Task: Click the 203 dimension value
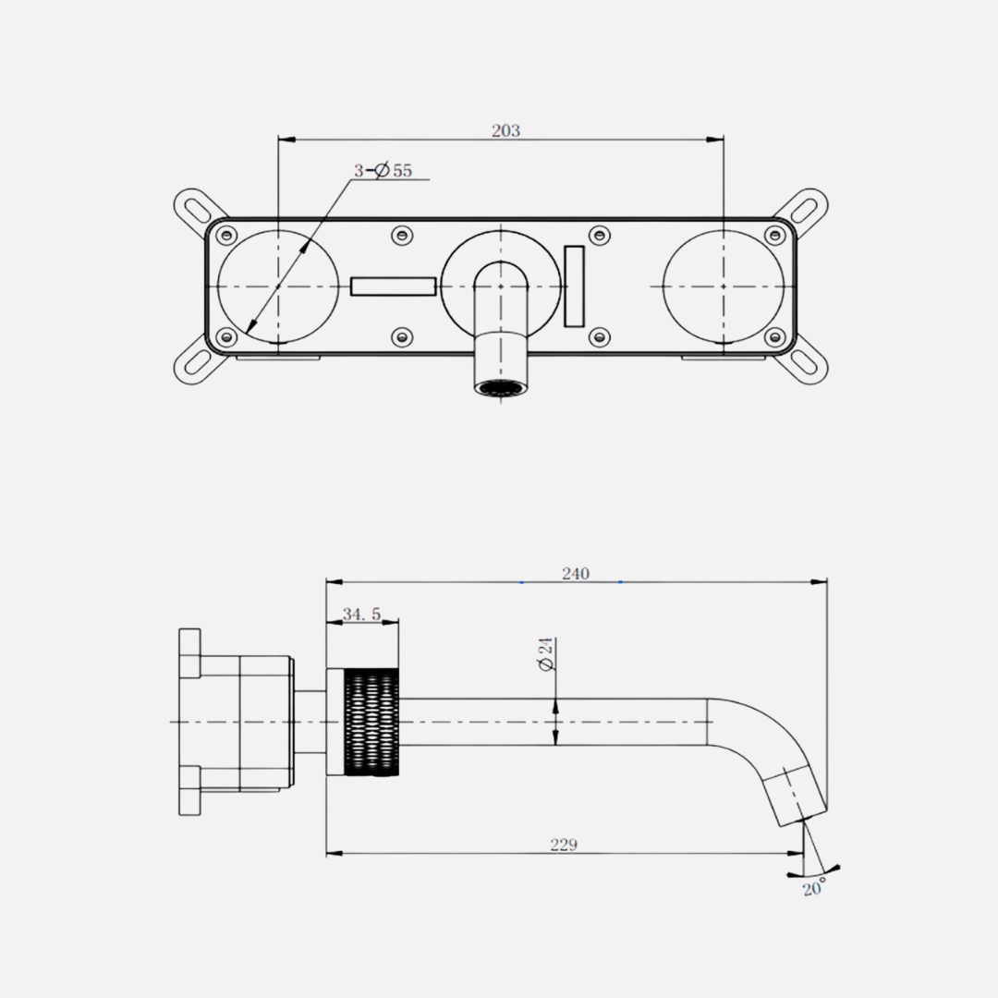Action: tap(505, 130)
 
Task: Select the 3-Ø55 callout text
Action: tap(383, 171)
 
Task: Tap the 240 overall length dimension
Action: tap(576, 574)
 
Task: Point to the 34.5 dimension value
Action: tap(361, 615)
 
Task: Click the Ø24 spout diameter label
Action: tap(546, 653)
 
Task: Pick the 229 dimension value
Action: tap(564, 845)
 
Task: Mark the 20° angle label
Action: tap(813, 886)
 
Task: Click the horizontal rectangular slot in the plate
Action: tap(394, 286)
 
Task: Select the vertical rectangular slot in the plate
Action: tap(574, 286)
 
